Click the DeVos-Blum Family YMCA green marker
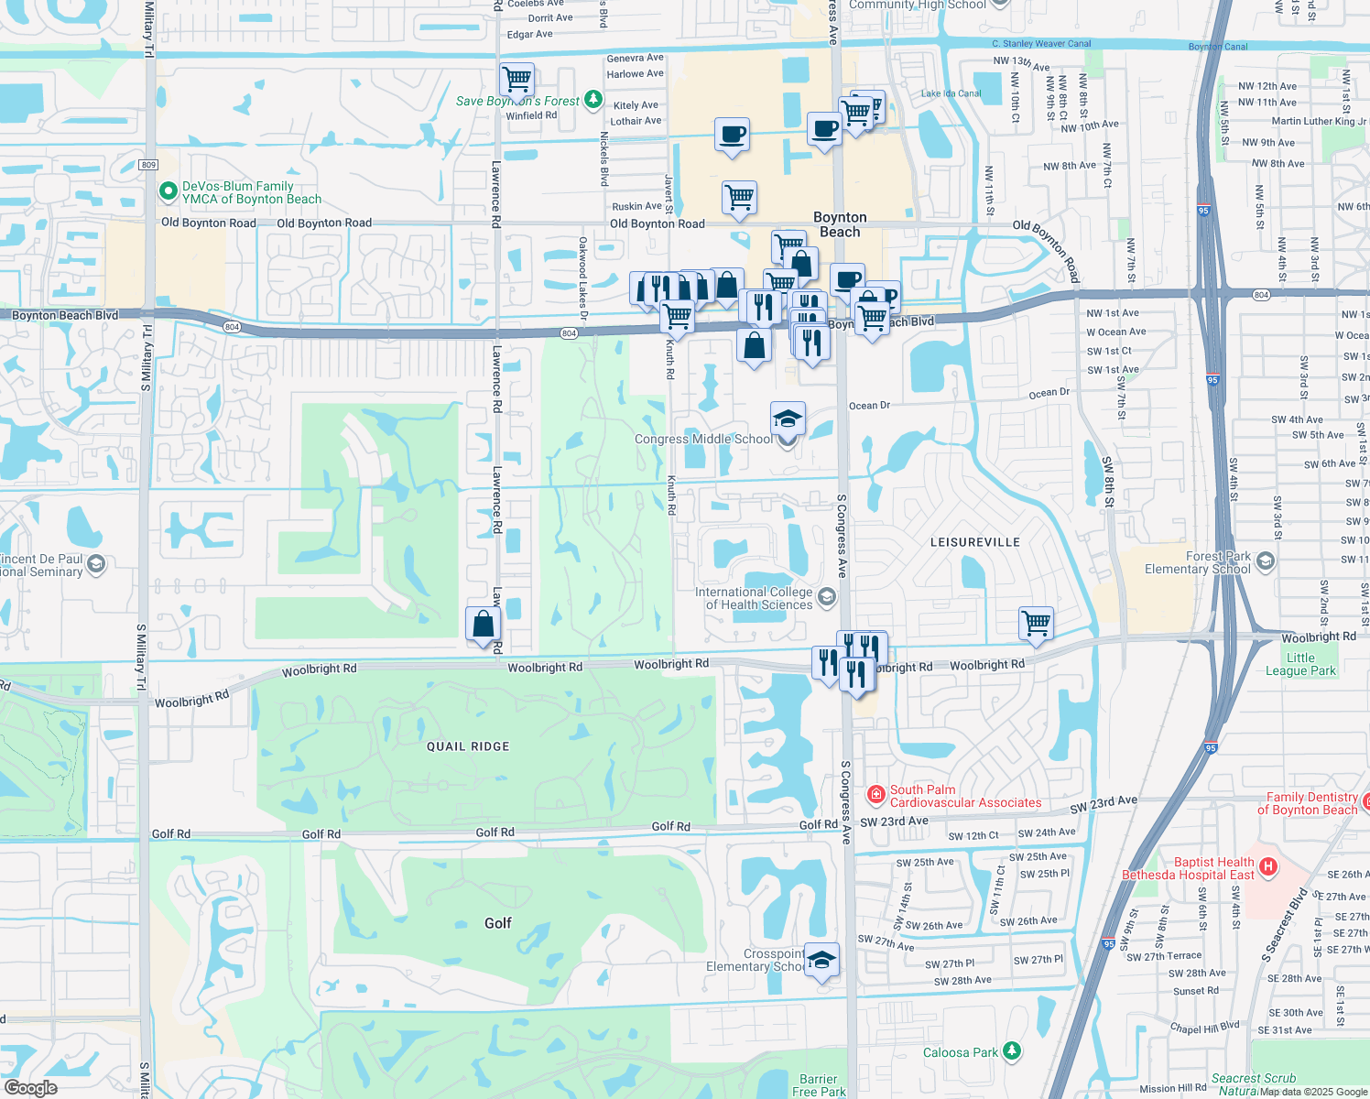tap(168, 191)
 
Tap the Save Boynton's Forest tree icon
tap(593, 100)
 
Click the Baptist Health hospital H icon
tap(1267, 866)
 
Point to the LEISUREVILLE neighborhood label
tap(975, 542)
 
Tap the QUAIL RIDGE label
tap(468, 746)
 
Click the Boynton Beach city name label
tap(840, 224)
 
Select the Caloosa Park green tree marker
tap(1011, 1051)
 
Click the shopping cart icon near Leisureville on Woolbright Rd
tap(1037, 624)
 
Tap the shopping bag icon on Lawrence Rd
tap(483, 625)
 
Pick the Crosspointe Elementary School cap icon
tap(821, 960)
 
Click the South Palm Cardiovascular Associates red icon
tap(875, 794)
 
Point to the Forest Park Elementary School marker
tap(1266, 560)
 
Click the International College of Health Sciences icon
tap(826, 598)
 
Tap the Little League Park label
tap(1300, 664)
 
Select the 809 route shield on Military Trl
tap(149, 165)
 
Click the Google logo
tap(30, 1088)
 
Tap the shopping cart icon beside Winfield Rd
tap(516, 80)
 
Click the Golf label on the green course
tap(497, 923)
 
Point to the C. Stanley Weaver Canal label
tap(1041, 43)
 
